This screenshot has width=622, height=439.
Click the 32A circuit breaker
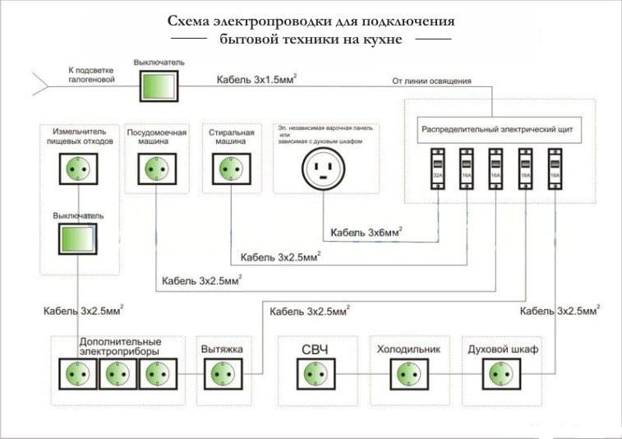(x=437, y=173)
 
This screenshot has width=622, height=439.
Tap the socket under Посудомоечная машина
(x=153, y=169)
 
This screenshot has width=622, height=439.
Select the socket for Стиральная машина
(x=227, y=169)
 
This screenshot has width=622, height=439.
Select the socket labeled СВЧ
(x=315, y=374)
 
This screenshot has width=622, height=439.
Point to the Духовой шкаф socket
(x=498, y=374)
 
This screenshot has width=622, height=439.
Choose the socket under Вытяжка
(x=221, y=374)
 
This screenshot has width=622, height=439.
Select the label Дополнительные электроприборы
(x=120, y=345)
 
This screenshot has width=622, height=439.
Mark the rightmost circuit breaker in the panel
(x=555, y=173)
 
